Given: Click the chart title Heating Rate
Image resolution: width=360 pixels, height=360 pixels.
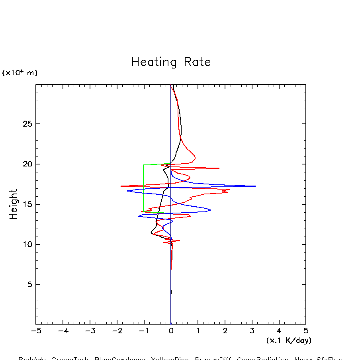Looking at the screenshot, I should pos(171,62).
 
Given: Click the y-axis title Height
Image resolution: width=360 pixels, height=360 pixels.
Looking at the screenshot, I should pos(14,204).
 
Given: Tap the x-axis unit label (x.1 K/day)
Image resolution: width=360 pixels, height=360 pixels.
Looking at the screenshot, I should pos(289,340).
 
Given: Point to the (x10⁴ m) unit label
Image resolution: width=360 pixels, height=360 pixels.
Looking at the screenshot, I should pos(20,73).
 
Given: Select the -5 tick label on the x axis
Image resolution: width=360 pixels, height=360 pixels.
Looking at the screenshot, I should pos(36,331).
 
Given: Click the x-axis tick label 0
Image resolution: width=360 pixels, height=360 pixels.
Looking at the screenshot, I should pos(171,331).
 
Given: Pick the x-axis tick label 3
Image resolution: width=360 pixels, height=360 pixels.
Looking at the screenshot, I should pos(252,331).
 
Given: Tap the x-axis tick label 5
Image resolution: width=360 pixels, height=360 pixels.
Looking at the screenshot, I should pos(306,331).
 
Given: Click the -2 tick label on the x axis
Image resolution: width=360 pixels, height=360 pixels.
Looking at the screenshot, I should pos(117,331).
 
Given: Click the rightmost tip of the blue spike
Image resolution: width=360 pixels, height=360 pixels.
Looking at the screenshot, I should pos(255,186).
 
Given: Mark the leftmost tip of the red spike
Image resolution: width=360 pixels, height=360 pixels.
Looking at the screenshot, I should pos(121,186).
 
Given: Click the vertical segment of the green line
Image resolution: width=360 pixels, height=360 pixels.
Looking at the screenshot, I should pos(143,187).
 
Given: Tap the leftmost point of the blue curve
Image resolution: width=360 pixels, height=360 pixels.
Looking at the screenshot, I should pos(127,191).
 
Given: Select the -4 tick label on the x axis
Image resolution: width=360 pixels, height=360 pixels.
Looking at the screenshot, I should pos(63,331).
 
